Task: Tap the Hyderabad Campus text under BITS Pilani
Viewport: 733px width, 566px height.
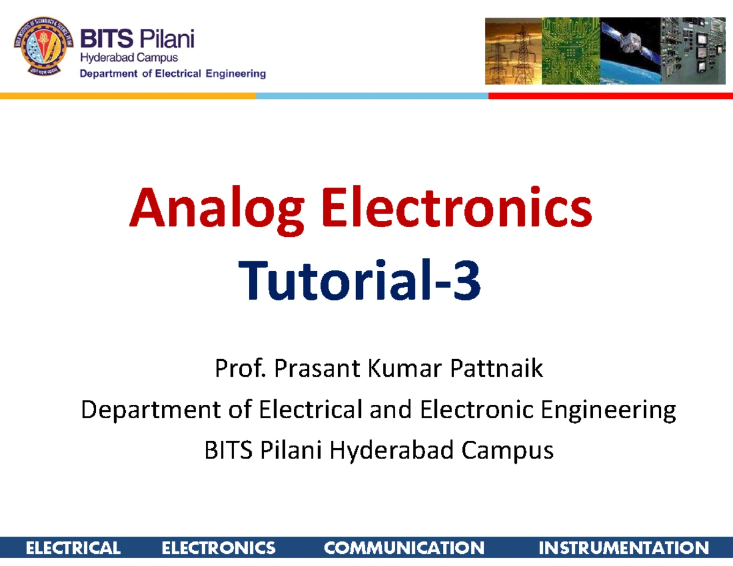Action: pos(129,58)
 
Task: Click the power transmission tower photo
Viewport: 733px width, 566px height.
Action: pos(512,51)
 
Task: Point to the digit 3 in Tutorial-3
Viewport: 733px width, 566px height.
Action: pos(467,283)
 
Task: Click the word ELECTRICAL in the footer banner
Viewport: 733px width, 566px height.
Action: pos(73,548)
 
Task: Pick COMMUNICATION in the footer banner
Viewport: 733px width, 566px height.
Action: pos(404,548)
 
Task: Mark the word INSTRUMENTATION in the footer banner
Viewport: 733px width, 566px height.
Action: pos(624,548)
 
